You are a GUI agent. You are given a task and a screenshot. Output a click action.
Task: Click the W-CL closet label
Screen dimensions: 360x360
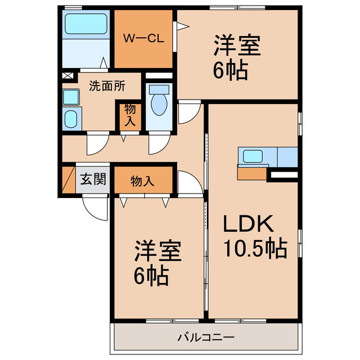[x=143, y=39]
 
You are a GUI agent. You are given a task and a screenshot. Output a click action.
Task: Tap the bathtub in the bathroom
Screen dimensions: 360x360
[x=85, y=25]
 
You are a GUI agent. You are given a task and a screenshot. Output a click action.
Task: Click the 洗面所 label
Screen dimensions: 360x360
[x=107, y=87]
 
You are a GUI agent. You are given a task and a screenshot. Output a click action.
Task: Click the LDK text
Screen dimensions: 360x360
[x=249, y=224]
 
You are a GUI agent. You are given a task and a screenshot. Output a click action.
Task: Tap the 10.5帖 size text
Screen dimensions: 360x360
[x=255, y=248]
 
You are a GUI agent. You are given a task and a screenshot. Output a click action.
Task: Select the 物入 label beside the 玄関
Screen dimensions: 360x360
[x=142, y=181]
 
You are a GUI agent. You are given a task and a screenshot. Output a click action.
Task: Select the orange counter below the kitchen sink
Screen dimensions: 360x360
[x=251, y=174]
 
